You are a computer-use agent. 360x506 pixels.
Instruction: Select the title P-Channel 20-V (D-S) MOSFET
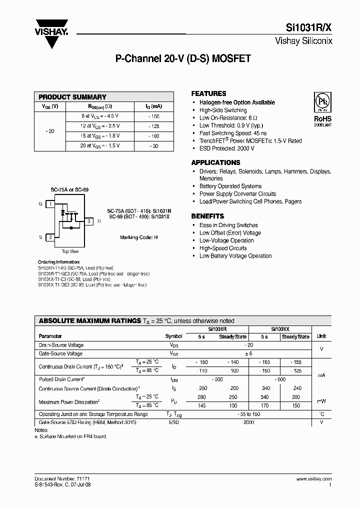(x=183, y=58)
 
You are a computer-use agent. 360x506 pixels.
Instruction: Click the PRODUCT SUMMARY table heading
(x=72, y=97)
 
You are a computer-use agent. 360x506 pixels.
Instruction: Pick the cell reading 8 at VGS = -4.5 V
(x=100, y=116)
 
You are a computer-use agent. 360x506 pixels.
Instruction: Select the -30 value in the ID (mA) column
(x=154, y=146)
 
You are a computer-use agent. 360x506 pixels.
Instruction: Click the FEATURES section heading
(x=209, y=93)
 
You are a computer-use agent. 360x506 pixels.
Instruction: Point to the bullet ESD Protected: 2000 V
(x=227, y=148)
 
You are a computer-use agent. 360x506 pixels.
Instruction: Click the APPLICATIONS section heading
(x=215, y=162)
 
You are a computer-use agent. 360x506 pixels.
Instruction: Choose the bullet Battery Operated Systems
(x=230, y=186)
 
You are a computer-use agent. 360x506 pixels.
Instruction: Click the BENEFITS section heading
(x=207, y=216)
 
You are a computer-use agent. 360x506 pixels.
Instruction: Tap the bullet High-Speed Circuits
(x=223, y=248)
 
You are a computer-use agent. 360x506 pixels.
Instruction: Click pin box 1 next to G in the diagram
(x=50, y=204)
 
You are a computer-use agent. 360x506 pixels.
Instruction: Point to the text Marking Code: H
(x=138, y=237)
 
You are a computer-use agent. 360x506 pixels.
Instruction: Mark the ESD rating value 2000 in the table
(x=248, y=422)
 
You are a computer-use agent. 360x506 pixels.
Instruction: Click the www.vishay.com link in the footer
(x=314, y=479)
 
